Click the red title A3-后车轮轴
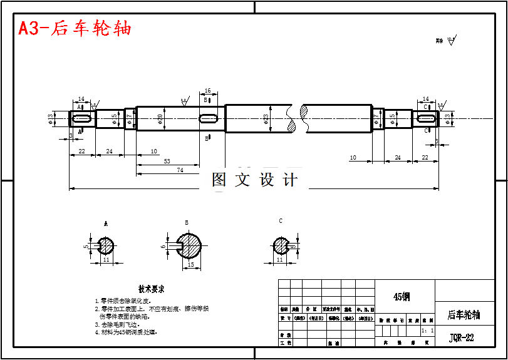pyautogui.click(x=75, y=29)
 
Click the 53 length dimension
pyautogui.click(x=167, y=162)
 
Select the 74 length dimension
pyautogui.click(x=180, y=170)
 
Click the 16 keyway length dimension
pyautogui.click(x=208, y=91)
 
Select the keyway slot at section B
pyautogui.click(x=209, y=118)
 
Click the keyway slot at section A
pyautogui.click(x=81, y=118)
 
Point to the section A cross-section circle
pyautogui.click(x=105, y=245)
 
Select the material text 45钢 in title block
pyautogui.click(x=401, y=296)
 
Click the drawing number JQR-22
pyautogui.click(x=462, y=338)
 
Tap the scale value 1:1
pyautogui.click(x=428, y=330)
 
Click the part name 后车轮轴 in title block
pyautogui.click(x=464, y=314)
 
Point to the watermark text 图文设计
pyautogui.click(x=254, y=180)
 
